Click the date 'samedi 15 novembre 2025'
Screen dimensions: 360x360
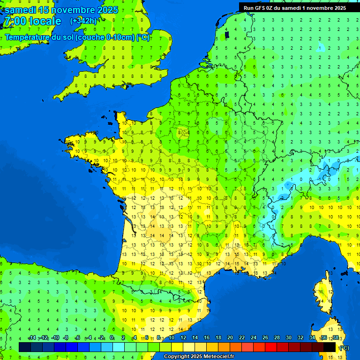coord(61,10)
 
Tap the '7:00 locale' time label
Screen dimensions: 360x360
coord(32,21)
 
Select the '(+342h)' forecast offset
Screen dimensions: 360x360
coord(83,21)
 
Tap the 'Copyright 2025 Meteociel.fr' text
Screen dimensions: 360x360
coord(199,356)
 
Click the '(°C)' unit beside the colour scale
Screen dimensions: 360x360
coord(344,348)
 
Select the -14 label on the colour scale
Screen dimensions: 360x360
coord(32,337)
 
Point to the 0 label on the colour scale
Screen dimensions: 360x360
coord(112,337)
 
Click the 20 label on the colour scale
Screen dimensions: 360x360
coord(230,337)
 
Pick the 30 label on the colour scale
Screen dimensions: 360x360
coord(288,337)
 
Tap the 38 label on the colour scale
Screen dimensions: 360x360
coord(335,337)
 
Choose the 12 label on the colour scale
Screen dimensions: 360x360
coord(183,337)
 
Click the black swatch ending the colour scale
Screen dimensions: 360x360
coord(330,347)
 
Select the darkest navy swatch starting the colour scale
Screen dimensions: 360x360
coord(25,347)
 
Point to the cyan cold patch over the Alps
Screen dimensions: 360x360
coord(300,178)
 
